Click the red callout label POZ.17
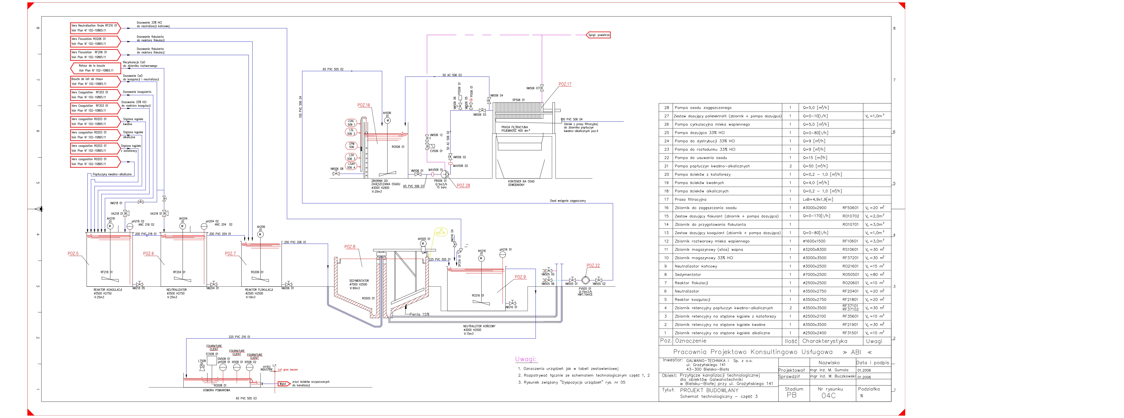[x=565, y=84]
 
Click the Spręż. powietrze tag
[x=599, y=35]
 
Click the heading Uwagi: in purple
[x=526, y=359]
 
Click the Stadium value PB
[x=791, y=395]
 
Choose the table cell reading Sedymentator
[x=688, y=274]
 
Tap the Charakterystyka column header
[x=825, y=341]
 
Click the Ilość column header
[x=791, y=341]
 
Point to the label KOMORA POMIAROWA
[x=217, y=390]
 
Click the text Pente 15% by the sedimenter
[x=419, y=314]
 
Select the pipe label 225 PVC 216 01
[x=240, y=337]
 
